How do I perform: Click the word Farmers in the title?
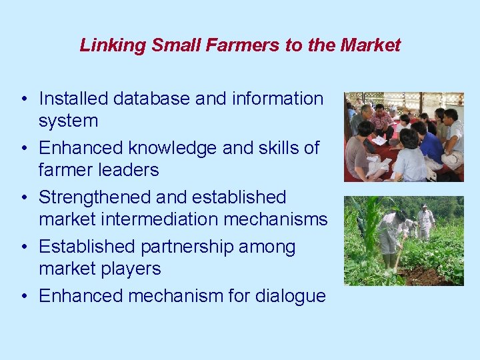click(x=228, y=45)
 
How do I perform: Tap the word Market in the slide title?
click(x=370, y=45)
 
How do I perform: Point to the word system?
click(x=68, y=121)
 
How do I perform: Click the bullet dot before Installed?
click(x=23, y=99)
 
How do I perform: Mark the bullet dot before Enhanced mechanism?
click(x=23, y=297)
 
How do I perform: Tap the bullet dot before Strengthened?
click(x=23, y=198)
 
